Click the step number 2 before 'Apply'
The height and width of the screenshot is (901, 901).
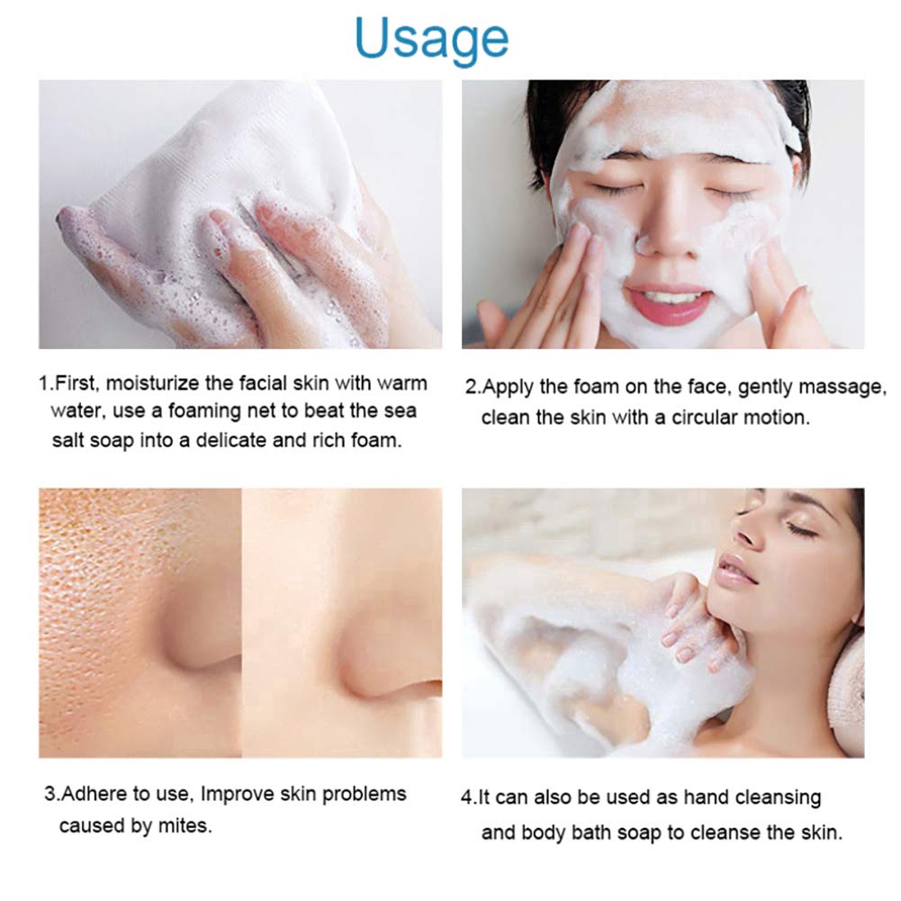tap(471, 389)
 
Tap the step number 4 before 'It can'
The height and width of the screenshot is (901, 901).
tap(466, 798)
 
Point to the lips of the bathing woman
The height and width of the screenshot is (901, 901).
tap(737, 569)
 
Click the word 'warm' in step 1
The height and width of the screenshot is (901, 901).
tap(402, 384)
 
